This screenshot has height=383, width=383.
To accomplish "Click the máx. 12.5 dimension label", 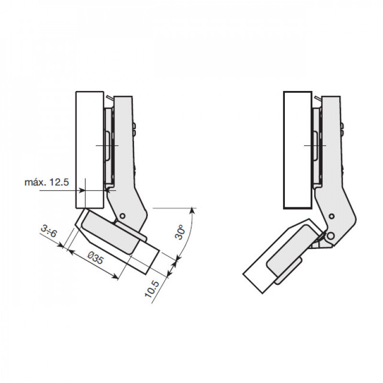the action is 46,182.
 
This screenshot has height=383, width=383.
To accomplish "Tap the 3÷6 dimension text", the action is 49,231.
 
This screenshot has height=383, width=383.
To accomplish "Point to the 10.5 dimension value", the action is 152,289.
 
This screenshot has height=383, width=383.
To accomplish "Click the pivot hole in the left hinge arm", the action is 123,216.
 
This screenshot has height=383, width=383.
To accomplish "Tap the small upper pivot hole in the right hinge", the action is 331,216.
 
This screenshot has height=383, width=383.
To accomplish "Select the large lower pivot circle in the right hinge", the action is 331,236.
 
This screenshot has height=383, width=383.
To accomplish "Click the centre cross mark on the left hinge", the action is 107,146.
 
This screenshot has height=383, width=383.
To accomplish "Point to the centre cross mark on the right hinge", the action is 315,146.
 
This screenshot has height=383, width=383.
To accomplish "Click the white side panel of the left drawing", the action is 90,150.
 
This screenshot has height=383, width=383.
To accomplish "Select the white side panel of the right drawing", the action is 298,150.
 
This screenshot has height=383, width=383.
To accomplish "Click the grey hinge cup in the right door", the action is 284,254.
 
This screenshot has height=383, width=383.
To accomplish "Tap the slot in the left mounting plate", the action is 107,146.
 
